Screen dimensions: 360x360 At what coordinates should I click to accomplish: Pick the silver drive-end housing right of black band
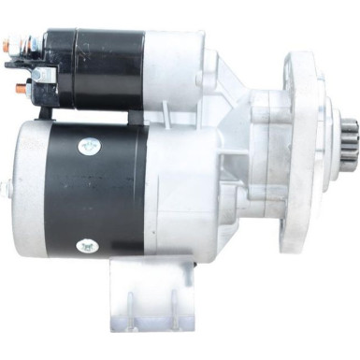pyautogui.click(x=187, y=196)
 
